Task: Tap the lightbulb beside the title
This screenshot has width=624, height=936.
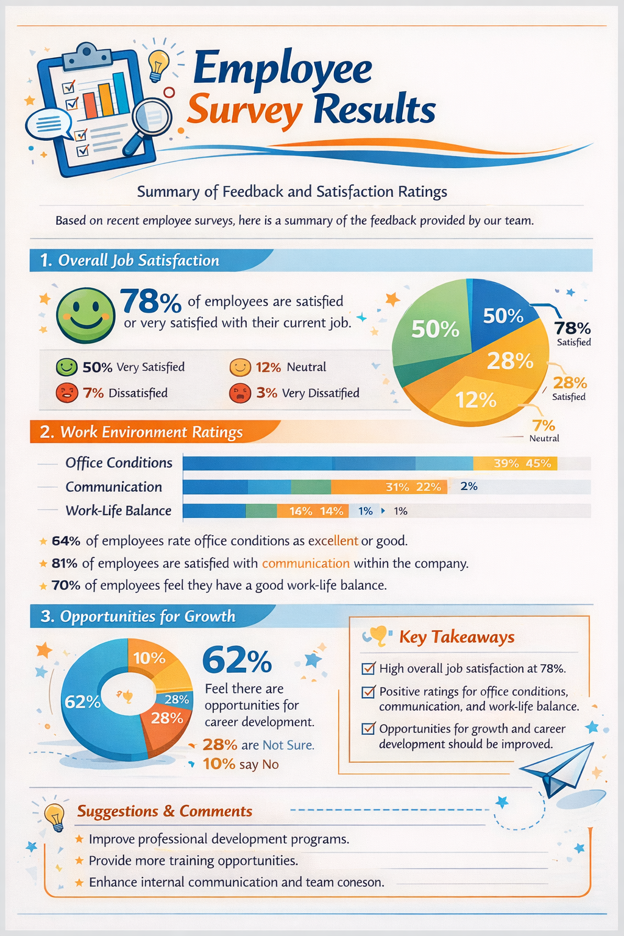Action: (x=158, y=65)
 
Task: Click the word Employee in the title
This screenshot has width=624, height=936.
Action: (x=282, y=69)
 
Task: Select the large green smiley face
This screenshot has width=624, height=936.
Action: (x=85, y=315)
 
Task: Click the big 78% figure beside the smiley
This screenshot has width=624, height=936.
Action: (x=151, y=301)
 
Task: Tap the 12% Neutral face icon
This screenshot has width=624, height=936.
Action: (x=240, y=367)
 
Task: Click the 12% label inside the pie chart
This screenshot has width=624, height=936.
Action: (x=476, y=400)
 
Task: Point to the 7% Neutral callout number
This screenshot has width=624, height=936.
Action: (x=543, y=425)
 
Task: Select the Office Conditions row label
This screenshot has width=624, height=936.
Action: (x=119, y=463)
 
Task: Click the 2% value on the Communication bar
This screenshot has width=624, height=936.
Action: (x=469, y=486)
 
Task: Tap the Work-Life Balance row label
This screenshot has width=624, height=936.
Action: (x=118, y=511)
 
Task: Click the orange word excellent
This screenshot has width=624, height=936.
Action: (x=333, y=541)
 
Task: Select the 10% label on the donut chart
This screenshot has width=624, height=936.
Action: (x=149, y=658)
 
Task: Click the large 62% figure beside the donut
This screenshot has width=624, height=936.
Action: (x=237, y=661)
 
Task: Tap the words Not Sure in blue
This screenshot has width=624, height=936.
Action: (x=288, y=745)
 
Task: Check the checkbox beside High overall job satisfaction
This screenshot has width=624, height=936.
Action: (x=368, y=668)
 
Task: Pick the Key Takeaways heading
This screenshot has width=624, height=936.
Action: (x=456, y=637)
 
